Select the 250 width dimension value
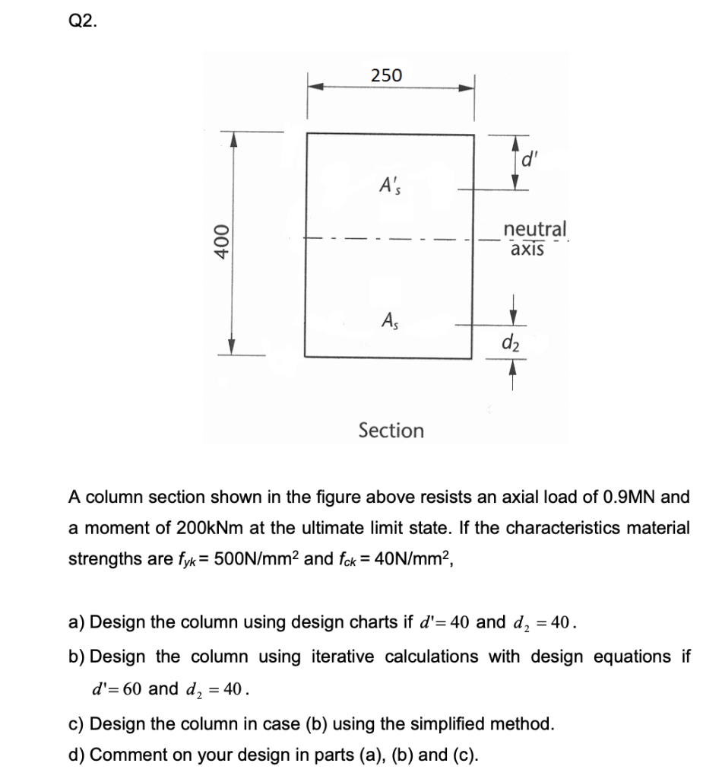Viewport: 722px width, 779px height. click(387, 75)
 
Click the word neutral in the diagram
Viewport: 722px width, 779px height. click(535, 228)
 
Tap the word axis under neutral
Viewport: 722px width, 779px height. click(527, 249)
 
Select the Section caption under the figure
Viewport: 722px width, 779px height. click(391, 431)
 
